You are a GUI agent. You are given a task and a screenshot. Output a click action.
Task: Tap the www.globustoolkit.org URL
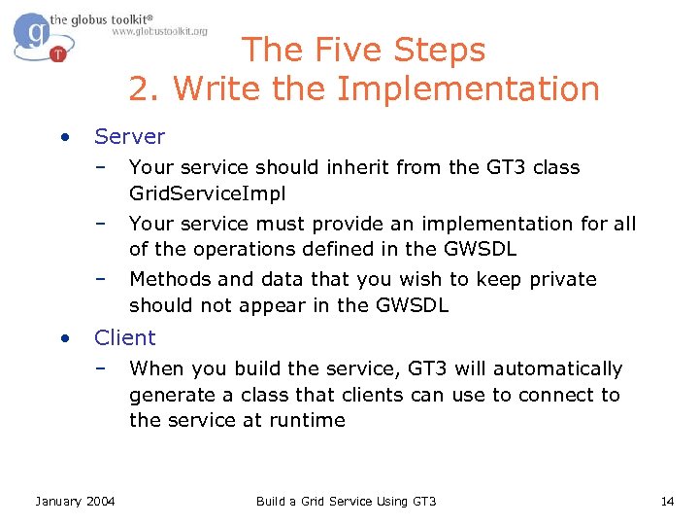coord(159,31)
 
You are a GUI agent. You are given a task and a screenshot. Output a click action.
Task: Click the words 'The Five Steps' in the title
coord(363,50)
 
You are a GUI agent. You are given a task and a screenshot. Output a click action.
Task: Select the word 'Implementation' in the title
coord(469,89)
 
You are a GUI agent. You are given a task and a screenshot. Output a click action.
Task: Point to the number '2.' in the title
coord(145,89)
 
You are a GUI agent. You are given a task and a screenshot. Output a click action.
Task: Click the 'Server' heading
coord(129,137)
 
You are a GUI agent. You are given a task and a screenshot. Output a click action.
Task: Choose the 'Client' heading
coord(124,337)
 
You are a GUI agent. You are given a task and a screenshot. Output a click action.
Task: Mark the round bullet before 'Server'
coord(63,137)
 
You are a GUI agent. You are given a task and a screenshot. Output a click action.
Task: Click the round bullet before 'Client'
coord(63,337)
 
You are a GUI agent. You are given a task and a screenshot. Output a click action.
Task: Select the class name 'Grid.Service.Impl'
coord(208,192)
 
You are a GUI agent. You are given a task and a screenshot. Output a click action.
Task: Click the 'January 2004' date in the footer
coord(75,501)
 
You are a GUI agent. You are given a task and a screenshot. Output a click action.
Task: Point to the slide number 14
coord(667,501)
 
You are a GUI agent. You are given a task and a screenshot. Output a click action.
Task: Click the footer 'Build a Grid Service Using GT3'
coord(346,501)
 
